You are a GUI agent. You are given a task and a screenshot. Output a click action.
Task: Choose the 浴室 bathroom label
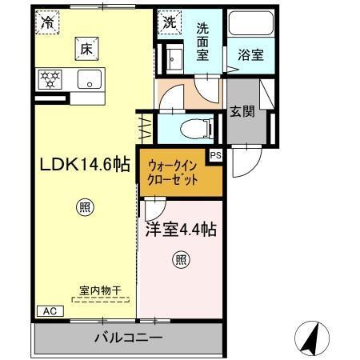coord(250,55)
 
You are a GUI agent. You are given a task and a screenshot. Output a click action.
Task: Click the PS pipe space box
coord(214,156)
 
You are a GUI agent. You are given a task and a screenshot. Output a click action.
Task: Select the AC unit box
coord(47,310)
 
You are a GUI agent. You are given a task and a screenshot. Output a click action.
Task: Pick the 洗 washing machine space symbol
coord(168,23)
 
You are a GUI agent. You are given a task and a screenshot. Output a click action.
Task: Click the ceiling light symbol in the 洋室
coord(182,259)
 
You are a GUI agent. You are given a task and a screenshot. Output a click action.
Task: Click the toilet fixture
coord(192,126)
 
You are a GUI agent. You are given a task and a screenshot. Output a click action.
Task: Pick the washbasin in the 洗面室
coord(174,57)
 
